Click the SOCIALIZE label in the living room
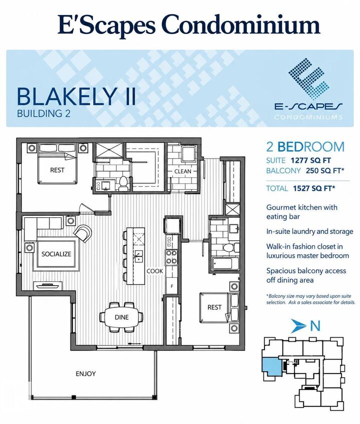56,254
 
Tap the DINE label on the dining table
121,317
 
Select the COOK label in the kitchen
154,271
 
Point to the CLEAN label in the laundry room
182,171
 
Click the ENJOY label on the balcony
85,374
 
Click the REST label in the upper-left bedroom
57,170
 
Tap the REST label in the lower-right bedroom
214,307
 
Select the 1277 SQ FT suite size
310,160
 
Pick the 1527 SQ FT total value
314,188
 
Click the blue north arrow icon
298,326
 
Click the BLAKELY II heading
76,97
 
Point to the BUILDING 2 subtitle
43,113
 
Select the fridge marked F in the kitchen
172,285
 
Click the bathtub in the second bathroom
225,263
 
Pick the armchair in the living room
83,233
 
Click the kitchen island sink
139,255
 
